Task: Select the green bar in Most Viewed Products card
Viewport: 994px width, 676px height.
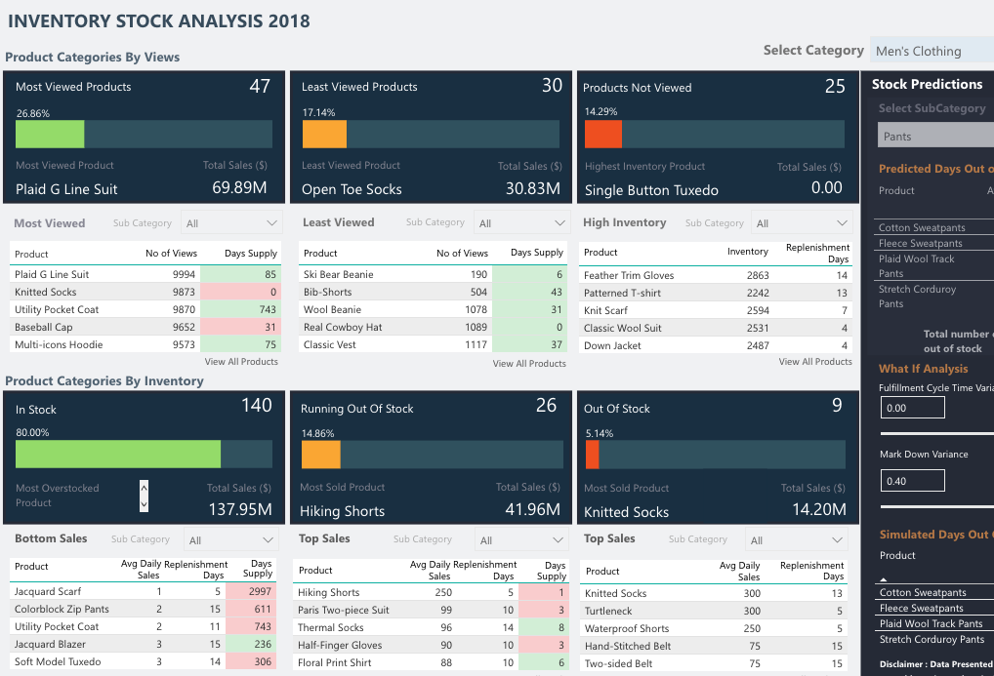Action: tap(50, 134)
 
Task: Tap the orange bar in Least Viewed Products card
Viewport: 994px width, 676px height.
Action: tap(324, 134)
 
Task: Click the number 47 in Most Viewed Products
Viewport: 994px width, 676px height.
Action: tap(260, 87)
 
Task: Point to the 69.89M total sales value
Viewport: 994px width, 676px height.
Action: tap(239, 188)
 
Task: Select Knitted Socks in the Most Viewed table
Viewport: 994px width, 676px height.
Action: tap(45, 292)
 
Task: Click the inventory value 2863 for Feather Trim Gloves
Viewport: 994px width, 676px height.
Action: tap(758, 275)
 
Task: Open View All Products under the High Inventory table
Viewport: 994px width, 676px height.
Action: tap(815, 362)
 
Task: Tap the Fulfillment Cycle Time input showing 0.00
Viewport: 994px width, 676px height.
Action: tap(912, 408)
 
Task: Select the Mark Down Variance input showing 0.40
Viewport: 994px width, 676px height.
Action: tap(912, 480)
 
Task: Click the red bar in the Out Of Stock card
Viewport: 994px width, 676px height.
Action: tap(592, 455)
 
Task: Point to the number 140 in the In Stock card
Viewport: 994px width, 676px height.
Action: tap(257, 406)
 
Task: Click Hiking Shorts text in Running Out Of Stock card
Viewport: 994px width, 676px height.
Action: tap(342, 511)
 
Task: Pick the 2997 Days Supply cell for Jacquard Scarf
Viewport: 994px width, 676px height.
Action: tap(253, 591)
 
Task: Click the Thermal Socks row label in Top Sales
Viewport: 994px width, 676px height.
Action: tap(330, 627)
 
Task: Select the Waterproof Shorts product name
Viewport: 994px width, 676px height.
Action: tap(627, 628)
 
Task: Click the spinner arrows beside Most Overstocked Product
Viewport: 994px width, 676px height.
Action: tap(145, 496)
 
